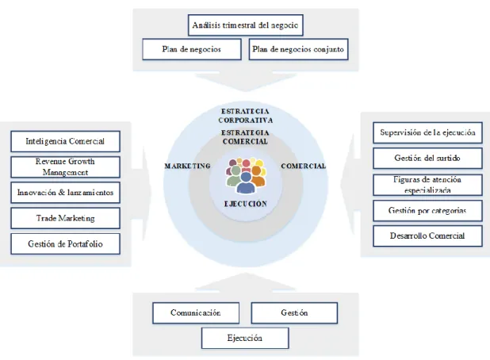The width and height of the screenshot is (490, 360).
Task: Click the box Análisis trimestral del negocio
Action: click(x=246, y=25)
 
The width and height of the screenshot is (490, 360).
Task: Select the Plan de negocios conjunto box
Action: click(x=298, y=49)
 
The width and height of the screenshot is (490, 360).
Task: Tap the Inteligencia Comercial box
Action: click(x=65, y=141)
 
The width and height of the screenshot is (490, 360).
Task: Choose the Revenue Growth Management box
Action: click(x=65, y=167)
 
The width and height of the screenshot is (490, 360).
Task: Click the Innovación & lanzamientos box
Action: click(x=65, y=193)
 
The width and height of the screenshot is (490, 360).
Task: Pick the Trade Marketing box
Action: click(x=65, y=218)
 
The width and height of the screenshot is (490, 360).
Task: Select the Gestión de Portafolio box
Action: click(x=65, y=243)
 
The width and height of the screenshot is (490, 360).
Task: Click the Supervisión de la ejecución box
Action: click(x=428, y=132)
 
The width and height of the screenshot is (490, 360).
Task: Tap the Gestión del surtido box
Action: click(x=428, y=158)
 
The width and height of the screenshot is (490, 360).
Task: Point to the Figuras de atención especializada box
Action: click(x=428, y=185)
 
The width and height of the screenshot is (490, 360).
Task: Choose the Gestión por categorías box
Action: click(x=428, y=211)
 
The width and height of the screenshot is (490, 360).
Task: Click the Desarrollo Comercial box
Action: click(x=428, y=236)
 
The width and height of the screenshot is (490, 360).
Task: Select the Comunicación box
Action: click(x=196, y=312)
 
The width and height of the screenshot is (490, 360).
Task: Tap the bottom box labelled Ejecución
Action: click(x=245, y=338)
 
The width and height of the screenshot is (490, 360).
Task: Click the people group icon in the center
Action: click(x=246, y=175)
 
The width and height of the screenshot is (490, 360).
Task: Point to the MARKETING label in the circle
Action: click(x=187, y=166)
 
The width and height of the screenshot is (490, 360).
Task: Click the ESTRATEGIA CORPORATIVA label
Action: click(x=246, y=116)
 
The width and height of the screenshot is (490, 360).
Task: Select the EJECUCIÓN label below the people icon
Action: click(x=246, y=204)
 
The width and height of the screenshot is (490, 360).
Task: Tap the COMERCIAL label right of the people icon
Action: click(x=304, y=166)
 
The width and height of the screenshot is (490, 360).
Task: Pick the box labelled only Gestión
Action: click(x=294, y=312)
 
